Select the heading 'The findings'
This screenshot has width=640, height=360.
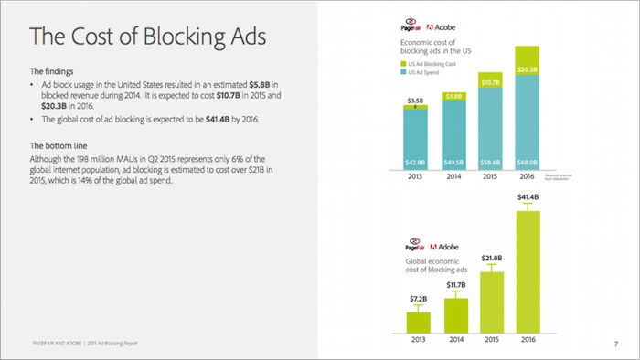54,70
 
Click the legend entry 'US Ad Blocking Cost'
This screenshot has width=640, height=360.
432,63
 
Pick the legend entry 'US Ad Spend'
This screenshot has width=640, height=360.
425,72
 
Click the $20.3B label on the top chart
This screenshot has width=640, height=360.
527,69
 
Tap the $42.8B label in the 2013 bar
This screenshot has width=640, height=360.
416,162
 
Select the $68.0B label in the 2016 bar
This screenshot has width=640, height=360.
527,162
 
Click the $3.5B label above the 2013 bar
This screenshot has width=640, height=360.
416,99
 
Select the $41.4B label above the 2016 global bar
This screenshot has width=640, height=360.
528,197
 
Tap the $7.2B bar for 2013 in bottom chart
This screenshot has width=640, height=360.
419,322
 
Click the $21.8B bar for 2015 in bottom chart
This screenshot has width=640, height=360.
492,301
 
